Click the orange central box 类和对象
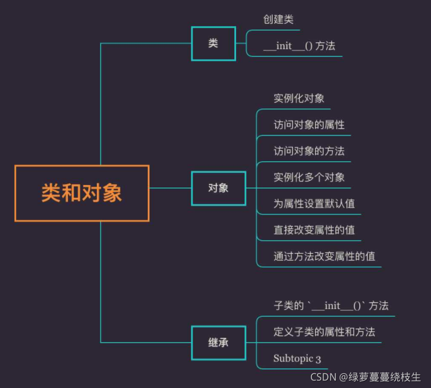pyautogui.click(x=82, y=193)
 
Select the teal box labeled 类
pyautogui.click(x=213, y=44)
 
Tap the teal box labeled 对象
pyautogui.click(x=218, y=188)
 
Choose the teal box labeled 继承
pyautogui.click(x=218, y=343)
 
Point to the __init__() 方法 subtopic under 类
pyautogui.click(x=299, y=46)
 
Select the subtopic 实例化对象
pyautogui.click(x=299, y=98)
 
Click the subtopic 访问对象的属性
pyautogui.click(x=308, y=124)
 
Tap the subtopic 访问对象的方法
pyautogui.click(x=308, y=151)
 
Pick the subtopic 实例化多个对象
pyautogui.click(x=308, y=178)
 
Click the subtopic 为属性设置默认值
pyautogui.click(x=314, y=204)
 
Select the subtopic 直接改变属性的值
pyautogui.click(x=314, y=230)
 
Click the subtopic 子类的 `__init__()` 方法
pyautogui.click(x=330, y=305)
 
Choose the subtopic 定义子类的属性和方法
pyautogui.click(x=324, y=332)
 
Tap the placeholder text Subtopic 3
pyautogui.click(x=297, y=359)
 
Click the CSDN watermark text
pyautogui.click(x=365, y=377)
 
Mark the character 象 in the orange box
pyautogui.click(x=112, y=193)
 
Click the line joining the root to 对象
pyautogui.click(x=170, y=188)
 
